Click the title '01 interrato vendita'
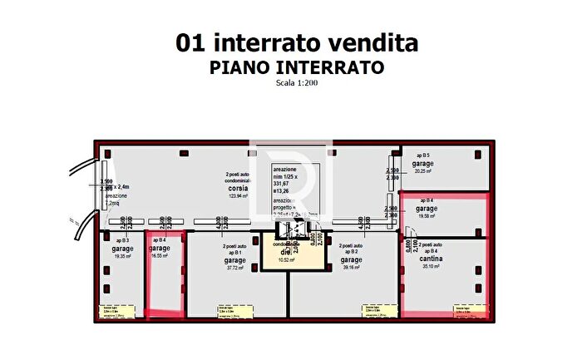pyautogui.click(x=296, y=43)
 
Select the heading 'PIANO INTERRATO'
pyautogui.click(x=296, y=68)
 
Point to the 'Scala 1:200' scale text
pyautogui.click(x=296, y=83)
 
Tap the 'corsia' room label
pyautogui.click(x=238, y=188)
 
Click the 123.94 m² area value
pyautogui.click(x=238, y=196)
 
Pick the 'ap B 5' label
pyautogui.click(x=422, y=155)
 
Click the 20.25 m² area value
pyautogui.click(x=422, y=171)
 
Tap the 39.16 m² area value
pyautogui.click(x=348, y=268)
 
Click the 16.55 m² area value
pyautogui.click(x=160, y=256)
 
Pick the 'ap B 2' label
pyautogui.click(x=348, y=251)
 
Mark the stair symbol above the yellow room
pyautogui.click(x=289, y=229)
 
